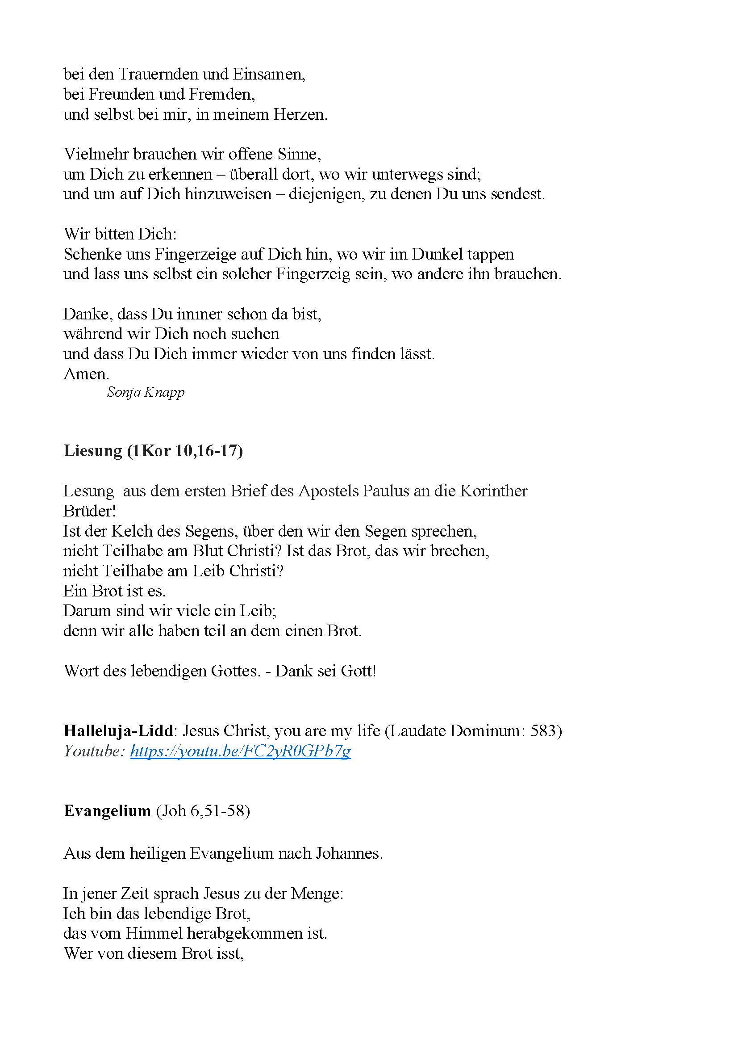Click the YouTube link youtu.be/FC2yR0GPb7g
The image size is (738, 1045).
[x=240, y=751]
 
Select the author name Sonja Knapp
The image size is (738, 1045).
[x=146, y=392]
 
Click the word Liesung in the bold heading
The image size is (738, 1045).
[x=93, y=451]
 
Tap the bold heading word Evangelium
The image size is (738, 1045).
[x=107, y=810]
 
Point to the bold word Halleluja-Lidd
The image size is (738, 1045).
[x=118, y=730]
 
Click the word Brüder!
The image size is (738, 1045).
[x=90, y=511]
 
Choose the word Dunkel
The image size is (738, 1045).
[x=437, y=254]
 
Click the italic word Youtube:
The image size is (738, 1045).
[x=94, y=751]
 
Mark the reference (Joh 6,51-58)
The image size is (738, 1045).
[x=203, y=810]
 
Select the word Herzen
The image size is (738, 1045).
[x=300, y=114]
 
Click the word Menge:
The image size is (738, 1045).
[x=317, y=893]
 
